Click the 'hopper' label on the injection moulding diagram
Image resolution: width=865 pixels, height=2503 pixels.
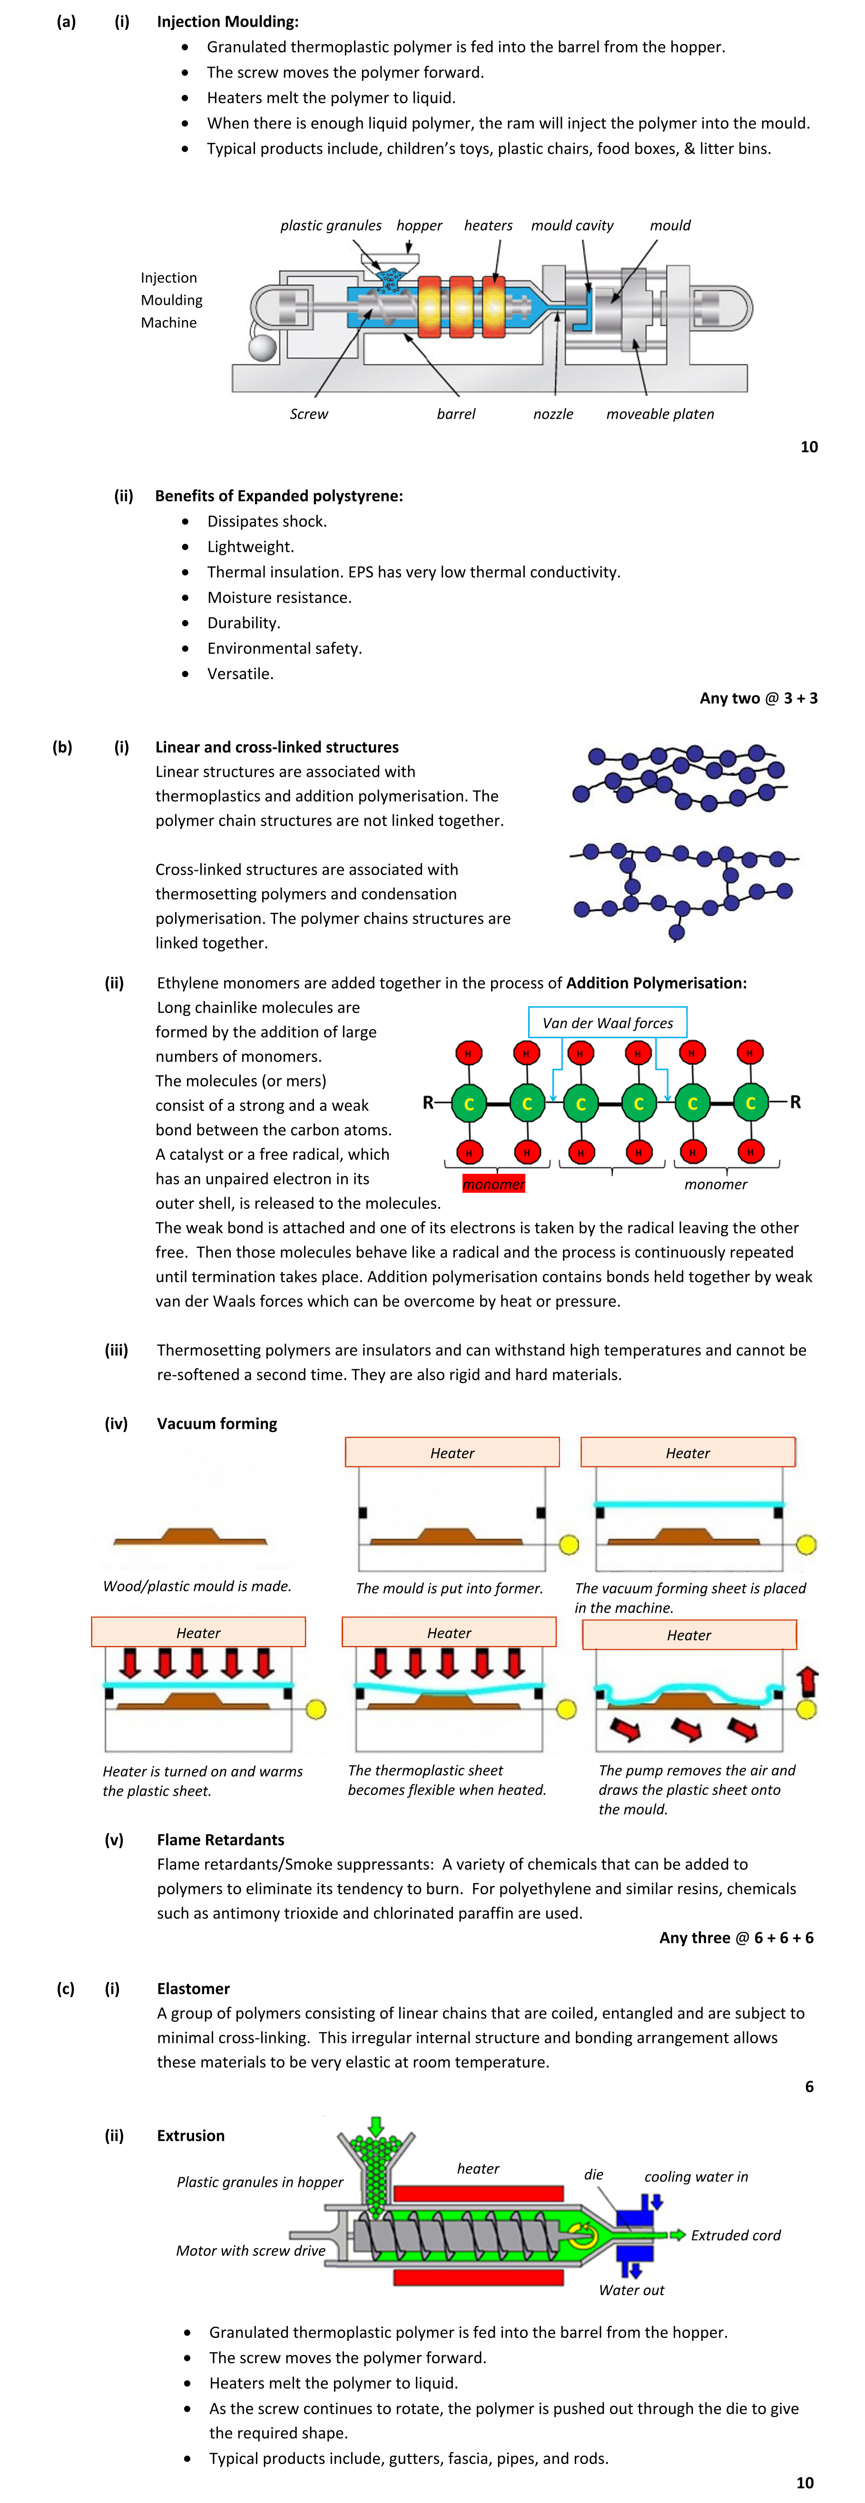point(419,225)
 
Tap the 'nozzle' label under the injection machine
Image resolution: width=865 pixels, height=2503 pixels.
point(553,414)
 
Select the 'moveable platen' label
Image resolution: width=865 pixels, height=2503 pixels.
point(660,414)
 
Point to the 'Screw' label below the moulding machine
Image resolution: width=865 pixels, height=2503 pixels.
point(309,414)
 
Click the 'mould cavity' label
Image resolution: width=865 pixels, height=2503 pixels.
point(572,225)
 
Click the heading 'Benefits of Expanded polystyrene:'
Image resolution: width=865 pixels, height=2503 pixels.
point(279,496)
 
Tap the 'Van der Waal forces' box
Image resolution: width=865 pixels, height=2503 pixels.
point(608,1022)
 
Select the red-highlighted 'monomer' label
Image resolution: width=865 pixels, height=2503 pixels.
point(494,1183)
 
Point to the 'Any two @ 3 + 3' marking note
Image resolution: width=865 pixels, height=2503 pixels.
point(758,698)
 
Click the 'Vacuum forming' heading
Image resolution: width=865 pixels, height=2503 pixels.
point(217,1423)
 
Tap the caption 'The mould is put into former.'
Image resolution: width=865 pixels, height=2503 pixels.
point(449,1588)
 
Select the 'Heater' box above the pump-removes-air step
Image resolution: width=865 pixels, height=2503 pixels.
point(689,1634)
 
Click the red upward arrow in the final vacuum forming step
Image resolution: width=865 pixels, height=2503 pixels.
point(807,1682)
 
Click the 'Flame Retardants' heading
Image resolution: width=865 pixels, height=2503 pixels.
point(221,1840)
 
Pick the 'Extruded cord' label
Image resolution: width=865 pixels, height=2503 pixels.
point(736,2235)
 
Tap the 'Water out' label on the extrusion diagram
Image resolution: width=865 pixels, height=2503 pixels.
point(632,2290)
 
